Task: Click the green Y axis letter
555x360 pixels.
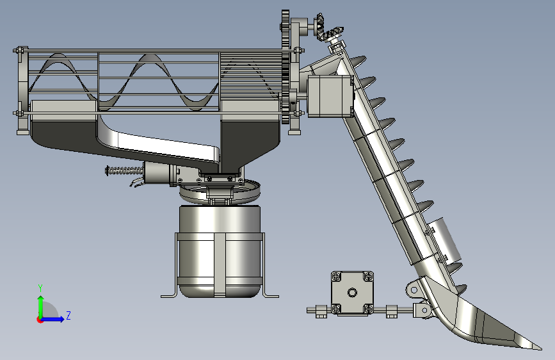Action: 40,288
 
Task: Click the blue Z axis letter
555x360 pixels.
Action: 68,315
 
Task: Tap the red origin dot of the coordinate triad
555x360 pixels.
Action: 39,320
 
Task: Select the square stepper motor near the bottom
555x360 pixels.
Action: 352,293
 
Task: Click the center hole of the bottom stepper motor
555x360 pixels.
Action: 352,293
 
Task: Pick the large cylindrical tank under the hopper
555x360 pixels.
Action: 220,251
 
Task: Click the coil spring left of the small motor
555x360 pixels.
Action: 124,171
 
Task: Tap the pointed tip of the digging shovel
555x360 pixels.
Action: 540,348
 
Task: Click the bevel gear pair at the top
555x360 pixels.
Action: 328,28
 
